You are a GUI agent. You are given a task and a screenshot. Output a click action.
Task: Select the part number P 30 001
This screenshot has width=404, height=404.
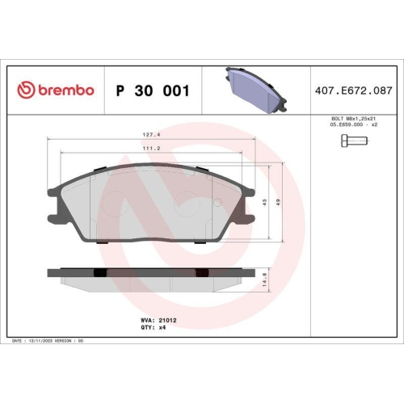pos(153,90)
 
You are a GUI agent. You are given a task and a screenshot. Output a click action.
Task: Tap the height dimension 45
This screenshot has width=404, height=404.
pos(264,203)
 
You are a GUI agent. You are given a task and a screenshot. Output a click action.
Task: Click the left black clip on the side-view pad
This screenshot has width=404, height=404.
pos(100,272)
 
